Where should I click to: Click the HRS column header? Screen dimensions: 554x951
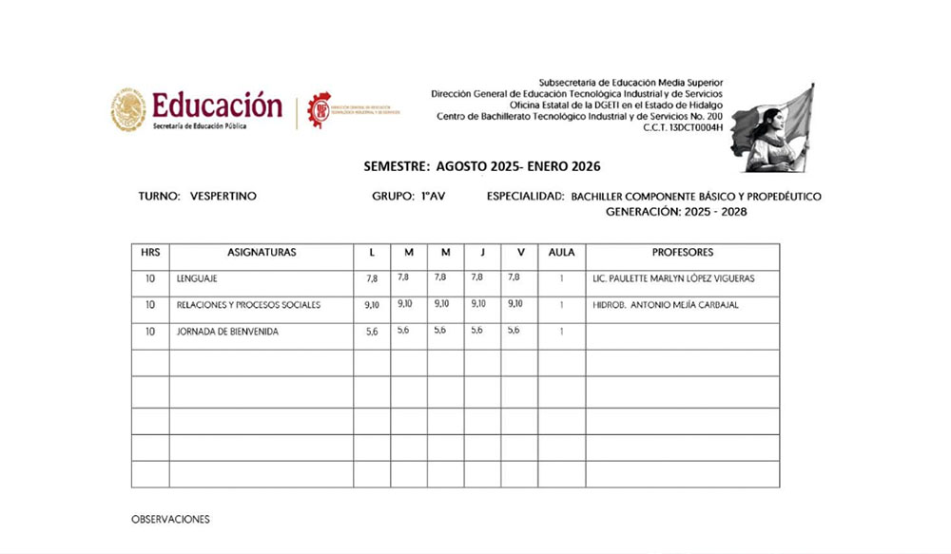point(150,253)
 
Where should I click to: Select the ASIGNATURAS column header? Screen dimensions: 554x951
point(262,253)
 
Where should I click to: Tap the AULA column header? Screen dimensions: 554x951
point(562,253)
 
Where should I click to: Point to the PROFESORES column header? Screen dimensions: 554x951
point(682,253)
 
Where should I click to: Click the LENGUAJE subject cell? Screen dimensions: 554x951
point(197,278)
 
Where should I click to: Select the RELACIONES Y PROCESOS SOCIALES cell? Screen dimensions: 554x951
point(248,305)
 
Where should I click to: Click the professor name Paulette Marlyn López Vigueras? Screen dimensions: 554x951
point(672,278)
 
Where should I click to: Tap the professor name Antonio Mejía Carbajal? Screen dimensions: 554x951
point(665,305)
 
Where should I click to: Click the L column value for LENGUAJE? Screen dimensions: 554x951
point(372,278)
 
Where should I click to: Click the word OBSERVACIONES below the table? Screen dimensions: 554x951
point(170,520)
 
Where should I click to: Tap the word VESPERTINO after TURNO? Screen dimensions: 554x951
point(223,197)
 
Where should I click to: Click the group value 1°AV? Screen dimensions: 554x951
point(432,197)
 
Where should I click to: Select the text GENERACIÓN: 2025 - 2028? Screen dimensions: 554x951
point(676,212)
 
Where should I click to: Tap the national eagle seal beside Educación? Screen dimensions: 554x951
point(127,110)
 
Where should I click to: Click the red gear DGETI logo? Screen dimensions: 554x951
point(319,110)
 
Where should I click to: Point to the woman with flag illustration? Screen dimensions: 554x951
point(773,128)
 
